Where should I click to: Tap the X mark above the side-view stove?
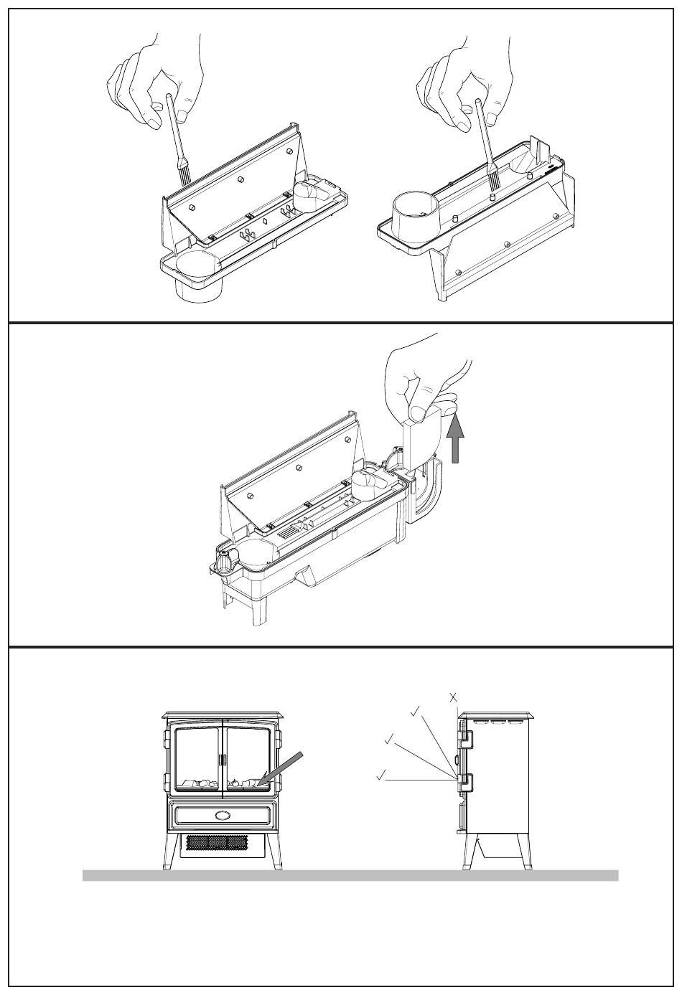[454, 697]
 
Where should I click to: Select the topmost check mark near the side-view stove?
[415, 711]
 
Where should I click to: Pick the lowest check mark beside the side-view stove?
[380, 774]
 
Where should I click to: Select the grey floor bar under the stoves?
[350, 875]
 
